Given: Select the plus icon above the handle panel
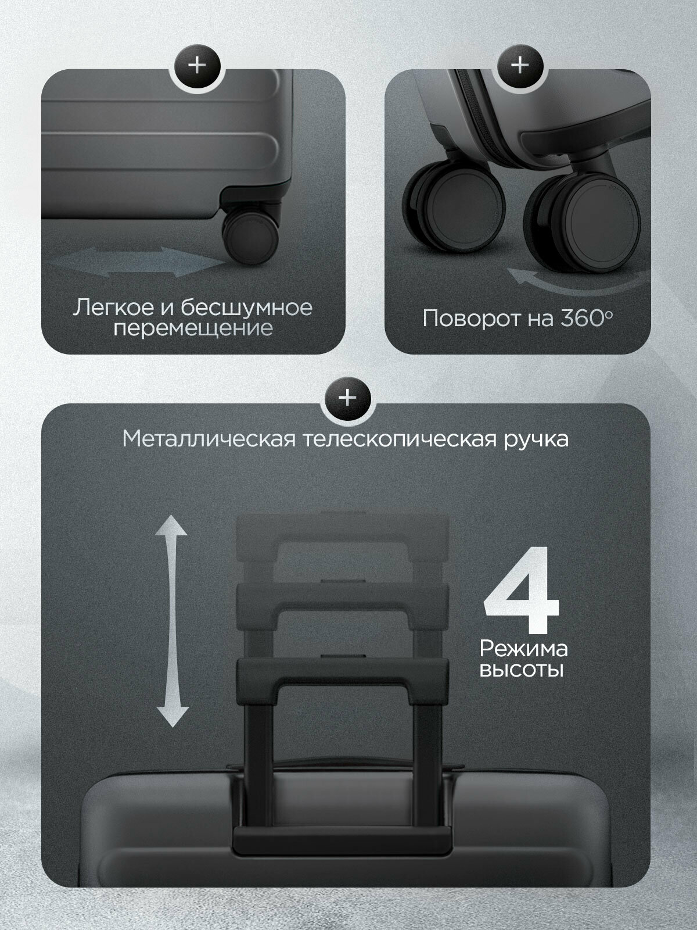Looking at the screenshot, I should tap(347, 398).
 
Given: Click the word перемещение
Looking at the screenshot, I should tap(193, 328).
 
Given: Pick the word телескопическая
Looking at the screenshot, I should tap(401, 439).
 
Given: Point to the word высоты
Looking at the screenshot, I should tap(521, 670).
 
